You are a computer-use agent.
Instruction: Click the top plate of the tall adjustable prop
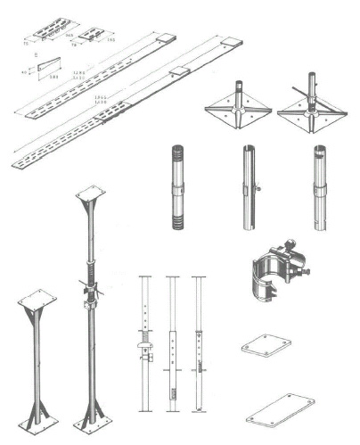tap(91, 194)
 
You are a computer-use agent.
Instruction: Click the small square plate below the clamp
tap(266, 346)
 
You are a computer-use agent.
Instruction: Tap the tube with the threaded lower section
tap(176, 188)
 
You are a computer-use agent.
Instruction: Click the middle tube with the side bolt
tap(248, 188)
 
